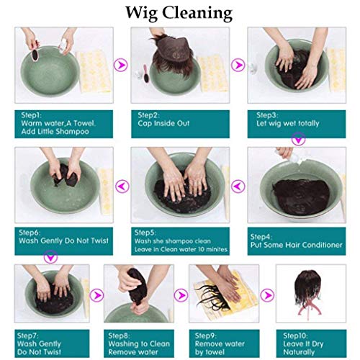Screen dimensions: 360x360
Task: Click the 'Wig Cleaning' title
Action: (x=179, y=12)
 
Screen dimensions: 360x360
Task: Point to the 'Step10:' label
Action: (x=299, y=336)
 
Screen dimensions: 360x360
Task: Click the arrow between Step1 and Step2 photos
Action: (x=120, y=65)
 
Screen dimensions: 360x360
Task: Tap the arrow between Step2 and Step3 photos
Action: (x=238, y=65)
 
